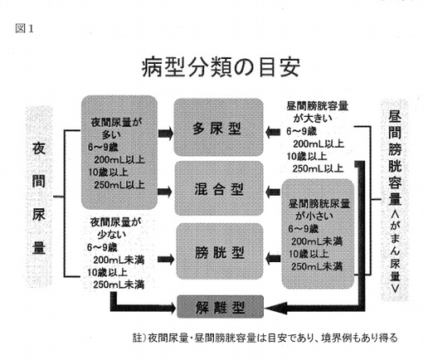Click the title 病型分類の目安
[x=221, y=67]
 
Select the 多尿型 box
[x=218, y=127]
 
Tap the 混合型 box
[x=219, y=188]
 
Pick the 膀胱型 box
[x=220, y=251]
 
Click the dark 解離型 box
[x=220, y=307]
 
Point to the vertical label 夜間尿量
[x=39, y=198]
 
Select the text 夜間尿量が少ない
[x=115, y=228]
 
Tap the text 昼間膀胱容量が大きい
[x=318, y=112]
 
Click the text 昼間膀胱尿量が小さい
[x=319, y=210]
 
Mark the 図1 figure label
[x=24, y=28]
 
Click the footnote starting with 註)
[x=265, y=338]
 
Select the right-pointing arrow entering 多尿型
[x=166, y=134]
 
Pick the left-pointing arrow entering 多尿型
[x=273, y=132]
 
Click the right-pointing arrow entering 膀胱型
[x=166, y=260]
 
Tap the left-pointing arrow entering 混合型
[x=273, y=192]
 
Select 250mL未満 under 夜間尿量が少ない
[x=119, y=285]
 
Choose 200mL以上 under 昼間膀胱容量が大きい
[x=319, y=144]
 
